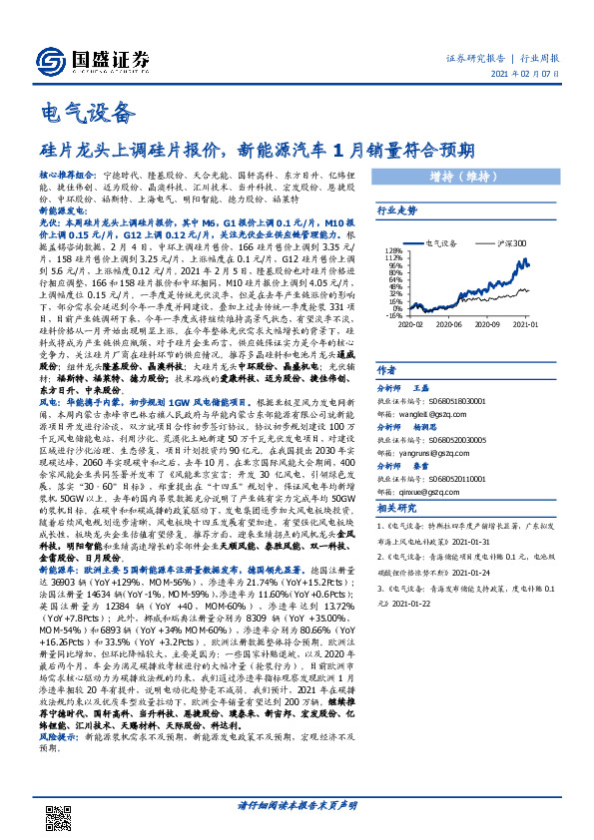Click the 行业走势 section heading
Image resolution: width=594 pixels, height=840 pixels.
(x=395, y=211)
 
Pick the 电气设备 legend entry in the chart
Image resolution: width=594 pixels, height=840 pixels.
(x=442, y=242)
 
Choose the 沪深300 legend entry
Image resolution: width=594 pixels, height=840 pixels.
(x=510, y=242)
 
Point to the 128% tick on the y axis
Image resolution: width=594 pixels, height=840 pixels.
(x=392, y=250)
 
